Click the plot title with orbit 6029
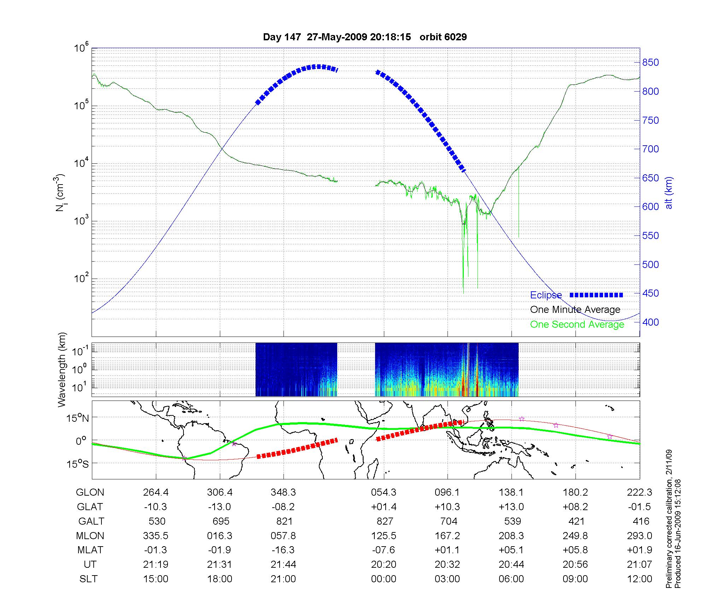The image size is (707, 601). point(365,37)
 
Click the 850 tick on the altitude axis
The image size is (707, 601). point(650,63)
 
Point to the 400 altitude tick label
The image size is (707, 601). point(650,322)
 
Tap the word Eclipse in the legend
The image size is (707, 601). point(546,295)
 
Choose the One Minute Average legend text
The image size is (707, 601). point(575,310)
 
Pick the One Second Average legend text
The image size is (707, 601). point(577,325)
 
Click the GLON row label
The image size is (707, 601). point(90,492)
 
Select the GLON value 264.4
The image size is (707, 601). point(156,492)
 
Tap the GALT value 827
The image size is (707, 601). point(385,521)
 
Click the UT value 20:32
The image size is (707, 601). point(447,565)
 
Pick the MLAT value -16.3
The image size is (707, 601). point(283,550)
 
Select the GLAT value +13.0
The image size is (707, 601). point(511,507)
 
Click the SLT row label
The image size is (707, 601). point(88,579)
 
